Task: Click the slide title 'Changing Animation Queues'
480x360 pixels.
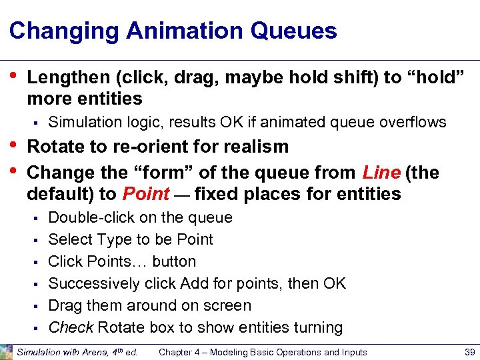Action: (173, 31)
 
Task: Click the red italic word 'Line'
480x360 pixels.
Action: (381, 173)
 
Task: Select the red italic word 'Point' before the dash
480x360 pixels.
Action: (146, 194)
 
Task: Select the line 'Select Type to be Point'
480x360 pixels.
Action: (131, 239)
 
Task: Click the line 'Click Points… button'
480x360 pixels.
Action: (122, 261)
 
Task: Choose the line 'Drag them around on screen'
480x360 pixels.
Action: (150, 305)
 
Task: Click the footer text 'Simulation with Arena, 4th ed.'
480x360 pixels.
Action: (77, 352)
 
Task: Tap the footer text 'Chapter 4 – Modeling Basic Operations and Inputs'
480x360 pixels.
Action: (263, 352)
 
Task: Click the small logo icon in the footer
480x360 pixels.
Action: (7, 351)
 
